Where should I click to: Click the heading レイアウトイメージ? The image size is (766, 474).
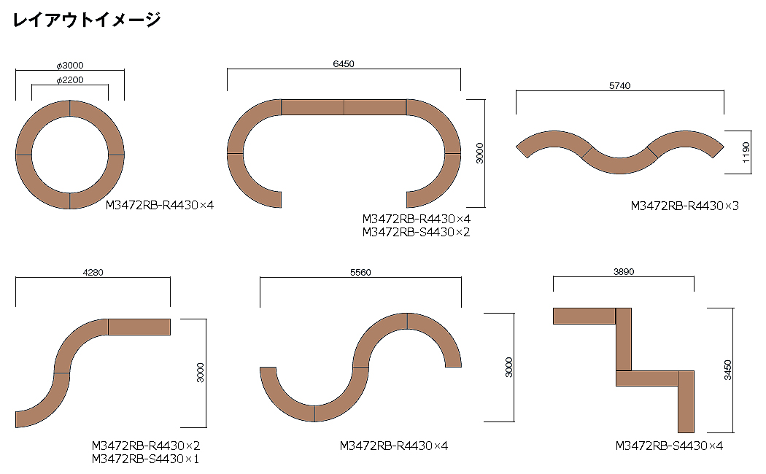point(87,20)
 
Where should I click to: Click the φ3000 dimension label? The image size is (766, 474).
point(70,66)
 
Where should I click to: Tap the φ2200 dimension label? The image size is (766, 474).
point(70,80)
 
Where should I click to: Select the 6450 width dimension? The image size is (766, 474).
point(344,64)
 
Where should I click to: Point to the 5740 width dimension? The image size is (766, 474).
point(619,86)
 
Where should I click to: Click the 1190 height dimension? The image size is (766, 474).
point(746,152)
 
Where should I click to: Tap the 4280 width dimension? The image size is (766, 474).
point(93,273)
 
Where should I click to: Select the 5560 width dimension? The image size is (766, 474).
point(360,273)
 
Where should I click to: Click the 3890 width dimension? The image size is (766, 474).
point(624,272)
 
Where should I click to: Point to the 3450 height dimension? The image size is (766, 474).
point(728,370)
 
